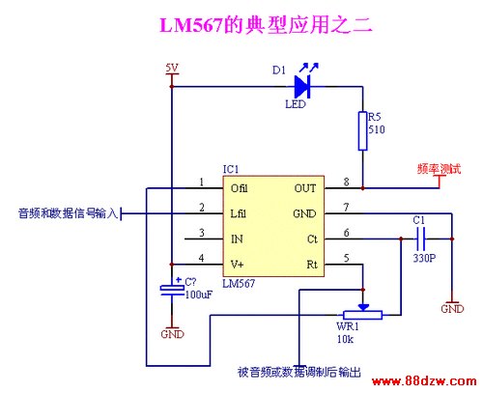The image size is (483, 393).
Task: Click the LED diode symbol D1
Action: (302, 87)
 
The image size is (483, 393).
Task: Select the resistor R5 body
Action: (363, 131)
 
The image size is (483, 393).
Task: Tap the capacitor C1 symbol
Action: (420, 239)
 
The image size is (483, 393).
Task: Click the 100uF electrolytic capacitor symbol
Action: (172, 290)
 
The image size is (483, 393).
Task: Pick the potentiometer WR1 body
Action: (363, 315)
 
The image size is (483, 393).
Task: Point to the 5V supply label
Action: (172, 68)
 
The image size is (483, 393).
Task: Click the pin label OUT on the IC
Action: (305, 188)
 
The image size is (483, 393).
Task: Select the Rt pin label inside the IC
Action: (312, 265)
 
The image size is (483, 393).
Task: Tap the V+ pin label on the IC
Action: (238, 265)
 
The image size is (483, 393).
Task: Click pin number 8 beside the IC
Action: (346, 182)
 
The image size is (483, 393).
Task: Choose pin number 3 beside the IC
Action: (202, 233)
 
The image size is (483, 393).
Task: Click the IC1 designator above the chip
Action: (231, 169)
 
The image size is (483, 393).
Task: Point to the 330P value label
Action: (424, 258)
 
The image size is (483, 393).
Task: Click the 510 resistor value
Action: (377, 129)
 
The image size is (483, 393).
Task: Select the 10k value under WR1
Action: (345, 339)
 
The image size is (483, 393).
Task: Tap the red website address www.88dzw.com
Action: (424, 381)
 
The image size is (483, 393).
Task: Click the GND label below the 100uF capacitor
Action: (172, 334)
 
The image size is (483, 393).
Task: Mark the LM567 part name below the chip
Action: (239, 283)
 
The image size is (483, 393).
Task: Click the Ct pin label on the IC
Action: (312, 239)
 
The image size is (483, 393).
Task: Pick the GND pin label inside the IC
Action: (304, 213)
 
